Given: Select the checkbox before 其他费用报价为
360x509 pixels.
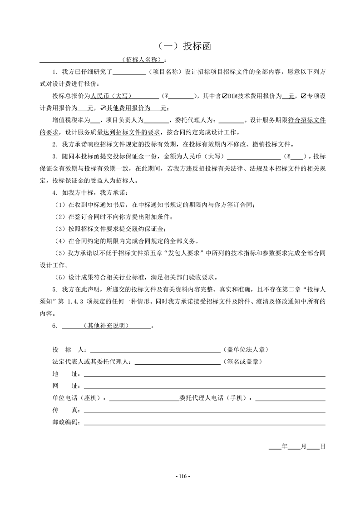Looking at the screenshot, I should click(103, 108).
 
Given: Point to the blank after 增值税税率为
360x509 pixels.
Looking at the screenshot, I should click(96, 120).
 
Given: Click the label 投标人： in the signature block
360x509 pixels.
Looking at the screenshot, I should click(71, 350).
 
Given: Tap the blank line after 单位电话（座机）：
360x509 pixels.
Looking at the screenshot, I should click(144, 400).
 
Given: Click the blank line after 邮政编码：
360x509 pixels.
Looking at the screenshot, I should click(204, 424).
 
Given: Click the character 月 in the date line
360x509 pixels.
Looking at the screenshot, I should click(303, 446).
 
